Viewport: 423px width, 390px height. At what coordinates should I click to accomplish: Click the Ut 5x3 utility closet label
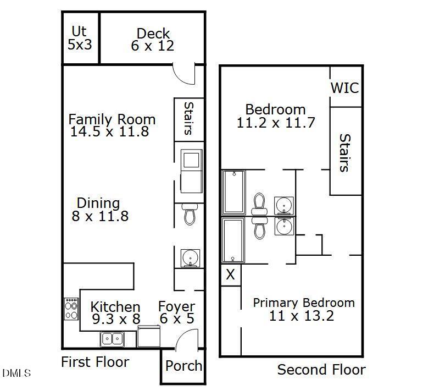tap(80, 38)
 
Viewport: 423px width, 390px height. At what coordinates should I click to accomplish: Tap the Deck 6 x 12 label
tap(153, 40)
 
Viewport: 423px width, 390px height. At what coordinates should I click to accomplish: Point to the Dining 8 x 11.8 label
tap(99, 210)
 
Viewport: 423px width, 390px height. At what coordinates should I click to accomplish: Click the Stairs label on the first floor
tap(188, 118)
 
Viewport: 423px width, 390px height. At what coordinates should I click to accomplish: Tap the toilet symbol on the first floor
tap(190, 213)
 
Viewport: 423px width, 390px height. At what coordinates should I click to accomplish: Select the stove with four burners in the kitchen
tap(71, 309)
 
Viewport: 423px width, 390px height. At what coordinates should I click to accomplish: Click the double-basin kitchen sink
tap(112, 339)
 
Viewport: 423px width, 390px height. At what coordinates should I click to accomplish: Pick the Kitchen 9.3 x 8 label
tap(115, 313)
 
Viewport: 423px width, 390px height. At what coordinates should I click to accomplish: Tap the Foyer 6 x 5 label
tap(176, 313)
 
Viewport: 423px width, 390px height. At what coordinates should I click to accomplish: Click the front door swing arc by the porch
tap(185, 340)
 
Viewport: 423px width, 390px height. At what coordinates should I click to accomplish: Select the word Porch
tap(183, 366)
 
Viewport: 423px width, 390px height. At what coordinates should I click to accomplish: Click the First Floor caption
tap(94, 362)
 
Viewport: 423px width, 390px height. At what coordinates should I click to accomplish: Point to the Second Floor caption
tap(321, 370)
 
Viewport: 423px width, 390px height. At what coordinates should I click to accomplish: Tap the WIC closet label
tap(345, 87)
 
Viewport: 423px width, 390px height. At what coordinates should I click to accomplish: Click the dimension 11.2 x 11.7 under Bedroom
tap(275, 123)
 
